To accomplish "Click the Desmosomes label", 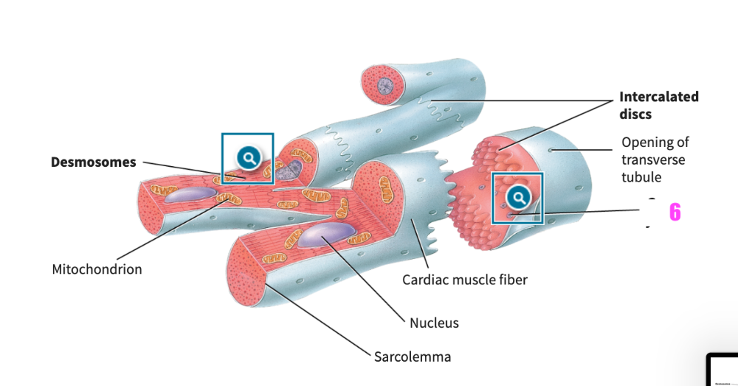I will pyautogui.click(x=93, y=162).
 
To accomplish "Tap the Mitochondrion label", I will pyautogui.click(x=97, y=269).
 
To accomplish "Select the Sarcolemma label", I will pyautogui.click(x=412, y=357).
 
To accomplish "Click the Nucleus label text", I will pyautogui.click(x=434, y=323).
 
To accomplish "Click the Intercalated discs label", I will pyautogui.click(x=658, y=106).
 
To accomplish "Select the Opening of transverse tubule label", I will pyautogui.click(x=655, y=159).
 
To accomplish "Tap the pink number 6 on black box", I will pyautogui.click(x=675, y=213).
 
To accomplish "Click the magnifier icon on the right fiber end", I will pyautogui.click(x=518, y=197).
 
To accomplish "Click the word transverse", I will pyautogui.click(x=653, y=159).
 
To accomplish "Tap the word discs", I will pyautogui.click(x=635, y=114).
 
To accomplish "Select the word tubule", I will pyautogui.click(x=641, y=177).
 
